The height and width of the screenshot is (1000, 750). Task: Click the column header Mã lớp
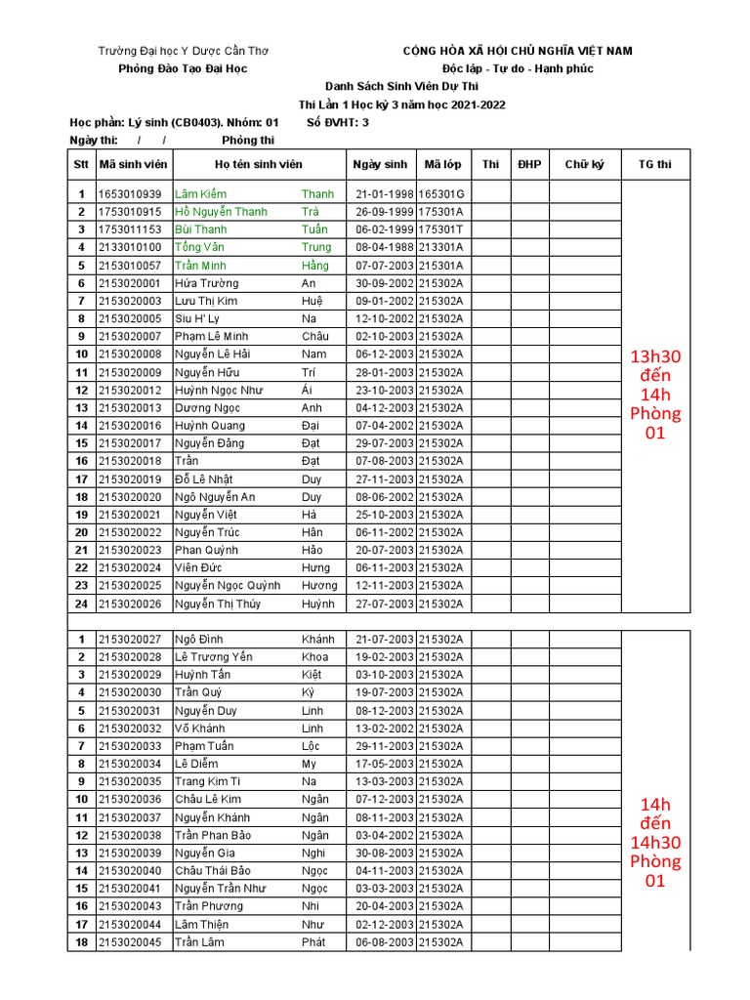pyautogui.click(x=443, y=165)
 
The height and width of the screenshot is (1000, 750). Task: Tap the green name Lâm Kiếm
pyautogui.click(x=200, y=194)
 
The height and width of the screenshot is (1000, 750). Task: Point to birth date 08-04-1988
pyautogui.click(x=384, y=247)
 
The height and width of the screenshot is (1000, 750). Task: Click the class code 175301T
pyautogui.click(x=441, y=229)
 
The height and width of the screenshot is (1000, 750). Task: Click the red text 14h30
pyautogui.click(x=655, y=843)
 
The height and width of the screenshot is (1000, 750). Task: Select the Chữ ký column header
pyautogui.click(x=584, y=165)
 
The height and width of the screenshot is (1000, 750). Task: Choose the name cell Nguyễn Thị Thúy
pyautogui.click(x=218, y=604)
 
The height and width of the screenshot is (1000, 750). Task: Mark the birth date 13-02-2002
pyautogui.click(x=384, y=729)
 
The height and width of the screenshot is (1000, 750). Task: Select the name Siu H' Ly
pyautogui.click(x=197, y=318)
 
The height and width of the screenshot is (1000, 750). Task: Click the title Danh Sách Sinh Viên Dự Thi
pyautogui.click(x=401, y=86)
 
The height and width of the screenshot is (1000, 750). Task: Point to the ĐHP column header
pyautogui.click(x=529, y=165)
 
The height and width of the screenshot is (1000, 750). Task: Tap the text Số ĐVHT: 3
pyautogui.click(x=338, y=122)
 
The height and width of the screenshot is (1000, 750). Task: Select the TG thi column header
pyautogui.click(x=655, y=165)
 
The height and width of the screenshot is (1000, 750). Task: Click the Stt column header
pyautogui.click(x=81, y=165)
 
